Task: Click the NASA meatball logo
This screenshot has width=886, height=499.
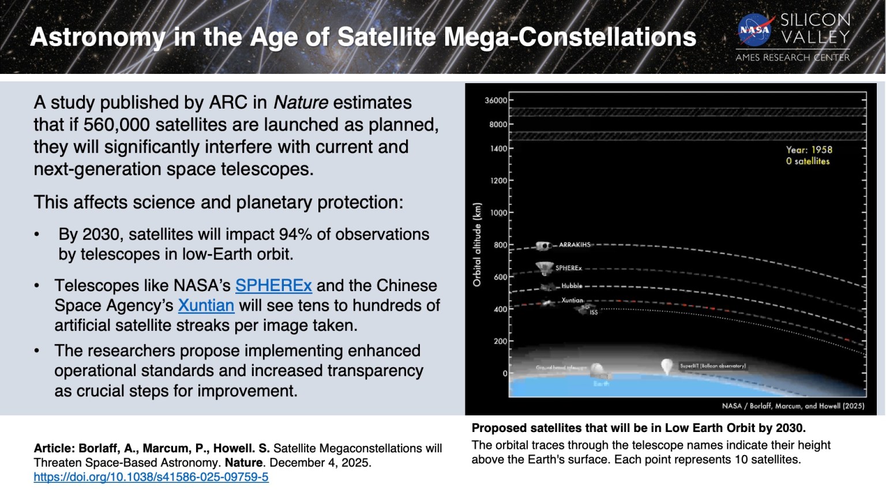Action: (755, 29)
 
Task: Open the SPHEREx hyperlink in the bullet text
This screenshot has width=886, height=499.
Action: (273, 285)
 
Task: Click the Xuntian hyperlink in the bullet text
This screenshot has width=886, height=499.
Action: (206, 305)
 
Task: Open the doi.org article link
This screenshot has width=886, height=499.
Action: (151, 477)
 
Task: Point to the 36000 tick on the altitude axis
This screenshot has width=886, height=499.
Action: (495, 100)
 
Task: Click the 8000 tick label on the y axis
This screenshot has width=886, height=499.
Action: (498, 124)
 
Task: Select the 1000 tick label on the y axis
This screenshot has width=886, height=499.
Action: (498, 213)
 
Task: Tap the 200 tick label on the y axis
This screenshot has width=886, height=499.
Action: (500, 341)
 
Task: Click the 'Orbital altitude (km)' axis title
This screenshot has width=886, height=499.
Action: (476, 244)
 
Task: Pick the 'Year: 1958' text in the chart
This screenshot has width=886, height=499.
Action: (809, 150)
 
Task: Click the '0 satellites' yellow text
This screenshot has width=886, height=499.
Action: (808, 161)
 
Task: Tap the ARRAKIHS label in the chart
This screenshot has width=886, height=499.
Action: (575, 245)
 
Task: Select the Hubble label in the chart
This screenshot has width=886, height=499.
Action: (572, 286)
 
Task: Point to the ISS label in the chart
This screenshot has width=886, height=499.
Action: (594, 312)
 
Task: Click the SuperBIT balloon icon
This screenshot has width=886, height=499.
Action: (666, 366)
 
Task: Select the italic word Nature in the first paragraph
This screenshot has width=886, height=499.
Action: (301, 102)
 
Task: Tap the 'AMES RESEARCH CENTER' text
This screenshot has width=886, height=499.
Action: (793, 57)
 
